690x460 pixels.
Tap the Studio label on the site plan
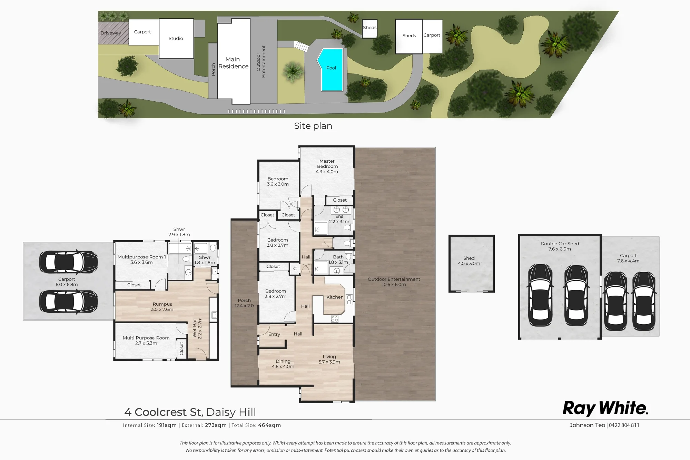[x=176, y=38]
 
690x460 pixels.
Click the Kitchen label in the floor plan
[x=335, y=297]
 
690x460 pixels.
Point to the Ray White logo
[x=605, y=408]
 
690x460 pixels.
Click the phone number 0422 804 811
[x=624, y=425]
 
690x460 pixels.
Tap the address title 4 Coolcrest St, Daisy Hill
[x=190, y=412]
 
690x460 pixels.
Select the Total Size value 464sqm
[x=269, y=425]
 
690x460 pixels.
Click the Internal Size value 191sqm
[x=167, y=425]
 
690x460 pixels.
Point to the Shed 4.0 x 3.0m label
[x=469, y=261]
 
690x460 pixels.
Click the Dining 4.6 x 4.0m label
[x=283, y=364]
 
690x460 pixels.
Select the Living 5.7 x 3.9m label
[x=329, y=359]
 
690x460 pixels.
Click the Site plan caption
[x=313, y=126]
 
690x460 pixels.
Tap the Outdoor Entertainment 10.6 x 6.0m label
[x=394, y=282]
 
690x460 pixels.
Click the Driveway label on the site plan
[x=111, y=33]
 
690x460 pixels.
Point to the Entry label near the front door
[x=274, y=334]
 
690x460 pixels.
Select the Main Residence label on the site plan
[x=233, y=63]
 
